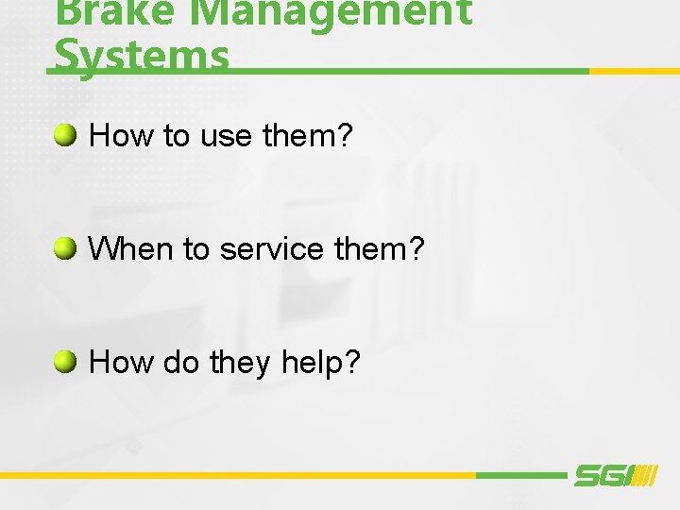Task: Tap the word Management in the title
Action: pos(325,12)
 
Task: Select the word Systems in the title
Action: pos(142,55)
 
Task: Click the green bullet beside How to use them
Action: pos(65,136)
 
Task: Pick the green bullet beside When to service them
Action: pos(65,249)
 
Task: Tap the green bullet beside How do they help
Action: pos(65,362)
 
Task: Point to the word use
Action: pos(226,138)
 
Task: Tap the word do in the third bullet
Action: pos(179,363)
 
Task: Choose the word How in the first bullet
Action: pos(121,137)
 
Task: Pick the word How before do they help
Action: pos(121,363)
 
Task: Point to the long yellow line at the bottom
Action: pos(236,475)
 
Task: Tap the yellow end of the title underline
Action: pos(633,71)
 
